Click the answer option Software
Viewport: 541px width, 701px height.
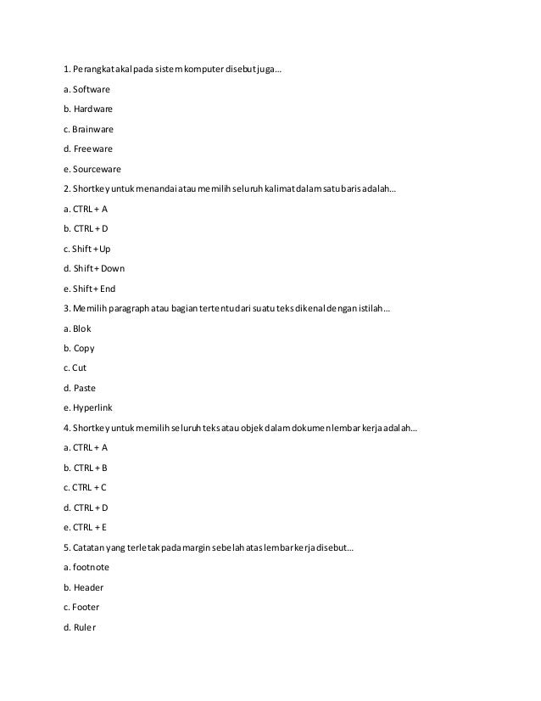(x=92, y=88)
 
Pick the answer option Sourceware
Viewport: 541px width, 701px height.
(x=96, y=168)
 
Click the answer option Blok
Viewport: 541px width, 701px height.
(x=81, y=328)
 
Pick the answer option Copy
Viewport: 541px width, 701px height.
(x=84, y=348)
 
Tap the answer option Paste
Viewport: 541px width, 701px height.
(x=84, y=388)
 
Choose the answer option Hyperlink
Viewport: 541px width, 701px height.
(x=92, y=407)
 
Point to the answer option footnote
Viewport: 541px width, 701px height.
(x=91, y=567)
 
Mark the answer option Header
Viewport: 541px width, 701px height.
(x=88, y=587)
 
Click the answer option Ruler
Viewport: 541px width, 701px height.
(x=85, y=627)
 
